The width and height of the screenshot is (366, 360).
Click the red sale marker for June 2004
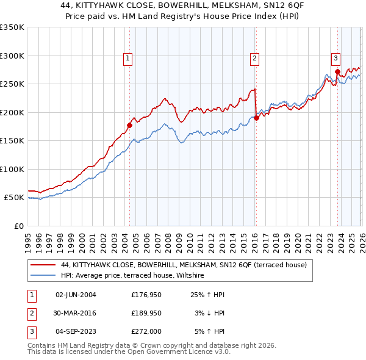point(129,126)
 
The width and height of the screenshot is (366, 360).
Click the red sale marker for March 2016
point(256,118)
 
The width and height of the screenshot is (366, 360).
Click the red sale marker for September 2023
point(337,72)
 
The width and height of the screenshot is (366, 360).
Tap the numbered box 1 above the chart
point(128,59)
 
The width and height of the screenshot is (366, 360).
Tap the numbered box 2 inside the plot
point(254,59)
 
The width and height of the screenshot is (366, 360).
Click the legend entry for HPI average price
point(132,276)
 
